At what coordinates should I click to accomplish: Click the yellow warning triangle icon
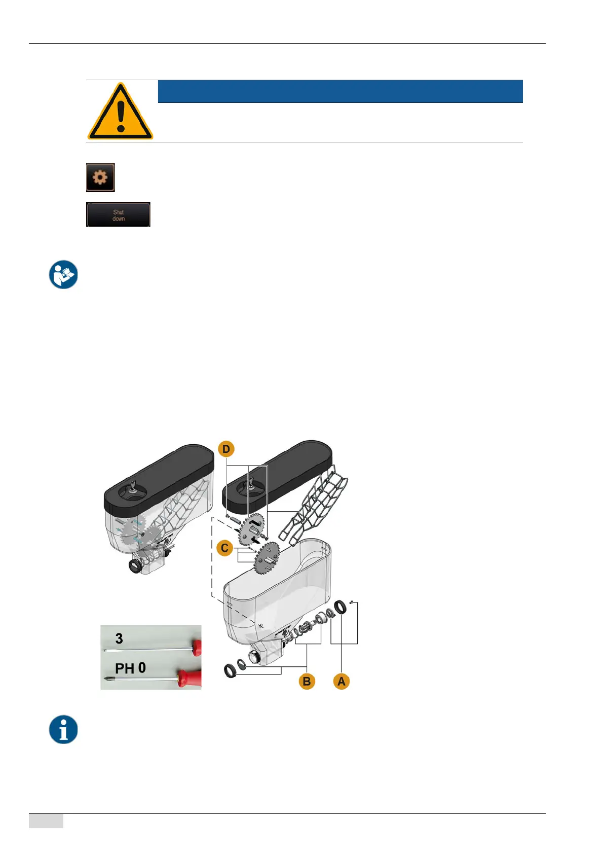point(120,112)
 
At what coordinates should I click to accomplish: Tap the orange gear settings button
point(100,177)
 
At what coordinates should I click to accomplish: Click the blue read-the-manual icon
point(63,274)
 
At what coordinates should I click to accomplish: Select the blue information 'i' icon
point(63,729)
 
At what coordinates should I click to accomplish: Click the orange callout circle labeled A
point(342,681)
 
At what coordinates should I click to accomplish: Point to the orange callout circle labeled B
point(307,681)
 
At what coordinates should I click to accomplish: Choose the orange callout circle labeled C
point(224,548)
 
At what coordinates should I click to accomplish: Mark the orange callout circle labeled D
point(226,449)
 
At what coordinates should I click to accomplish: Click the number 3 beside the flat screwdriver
point(119,638)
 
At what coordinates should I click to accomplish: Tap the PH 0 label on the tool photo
point(130,668)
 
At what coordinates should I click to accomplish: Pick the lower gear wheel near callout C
point(268,558)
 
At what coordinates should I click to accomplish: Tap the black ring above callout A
point(341,606)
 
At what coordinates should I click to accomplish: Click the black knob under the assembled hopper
point(136,565)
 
